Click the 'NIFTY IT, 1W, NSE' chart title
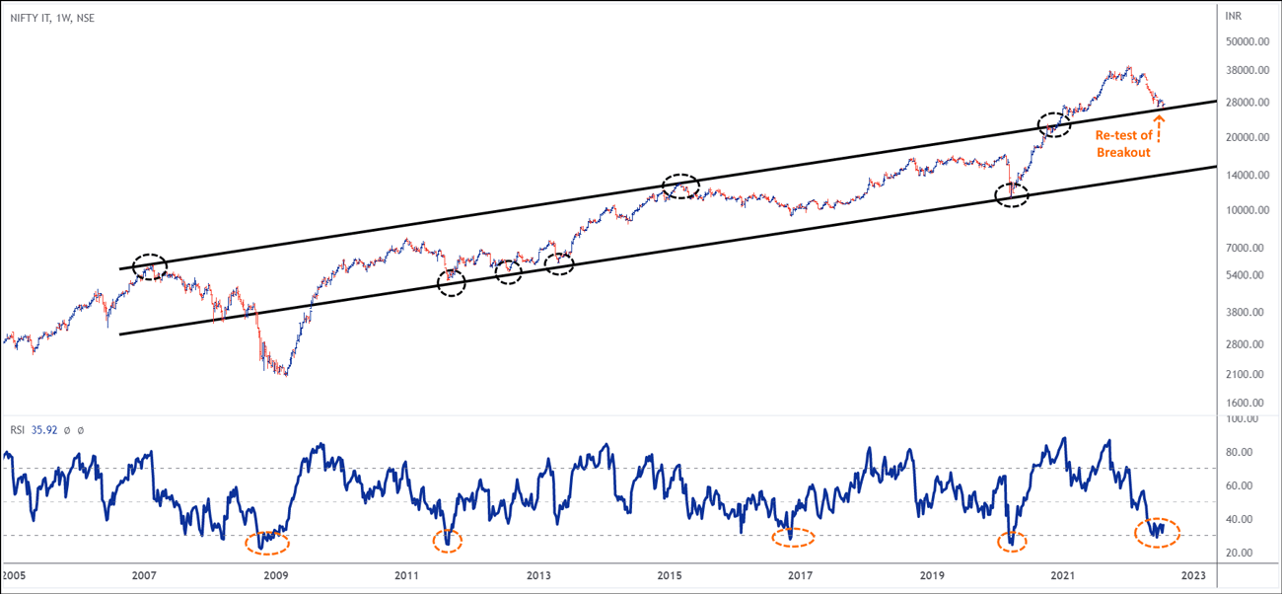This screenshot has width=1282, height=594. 53,18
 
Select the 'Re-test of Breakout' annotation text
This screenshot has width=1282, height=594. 1123,144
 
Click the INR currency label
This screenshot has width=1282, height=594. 1234,17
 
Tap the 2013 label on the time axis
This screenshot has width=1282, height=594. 537,574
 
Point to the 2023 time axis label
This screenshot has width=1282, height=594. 1192,574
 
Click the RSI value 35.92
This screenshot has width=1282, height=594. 44,430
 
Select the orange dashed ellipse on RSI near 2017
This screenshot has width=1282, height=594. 793,538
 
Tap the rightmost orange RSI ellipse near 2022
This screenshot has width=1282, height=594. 1156,532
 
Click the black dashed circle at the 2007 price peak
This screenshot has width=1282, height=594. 150,266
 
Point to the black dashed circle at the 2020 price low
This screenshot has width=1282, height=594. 1011,194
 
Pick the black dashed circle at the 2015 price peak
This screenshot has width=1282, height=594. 680,186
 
